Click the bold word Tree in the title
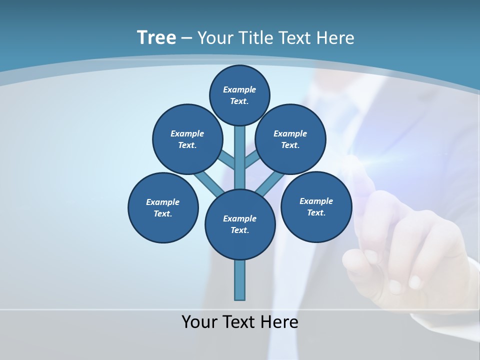click(x=156, y=37)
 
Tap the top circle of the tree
click(x=239, y=95)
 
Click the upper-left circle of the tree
click(x=187, y=139)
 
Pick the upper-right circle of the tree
click(x=290, y=139)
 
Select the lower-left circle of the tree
click(x=163, y=207)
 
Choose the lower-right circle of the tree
click(x=316, y=206)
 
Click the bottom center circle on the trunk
click(x=240, y=224)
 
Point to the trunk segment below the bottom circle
click(x=240, y=280)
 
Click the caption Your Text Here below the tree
click(x=240, y=321)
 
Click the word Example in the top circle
click(x=239, y=89)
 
